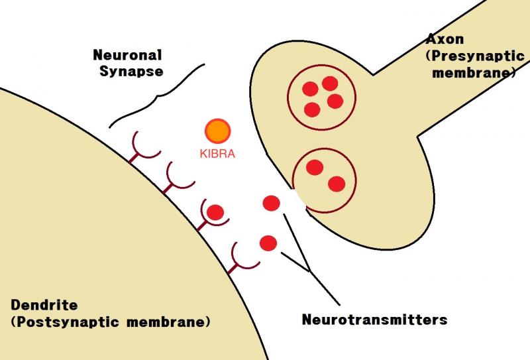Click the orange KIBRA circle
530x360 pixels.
tap(218, 131)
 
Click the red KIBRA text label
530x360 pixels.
tap(217, 154)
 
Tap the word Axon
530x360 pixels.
tap(445, 39)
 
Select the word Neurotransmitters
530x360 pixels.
tap(374, 320)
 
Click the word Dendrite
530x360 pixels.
tap(44, 305)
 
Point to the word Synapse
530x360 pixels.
tap(131, 72)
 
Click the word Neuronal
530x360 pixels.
tap(127, 55)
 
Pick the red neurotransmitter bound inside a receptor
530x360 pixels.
tap(215, 212)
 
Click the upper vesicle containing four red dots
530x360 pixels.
tap(321, 97)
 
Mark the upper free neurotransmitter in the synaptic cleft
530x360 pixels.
tap(272, 204)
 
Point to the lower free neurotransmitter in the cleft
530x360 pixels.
tap(268, 243)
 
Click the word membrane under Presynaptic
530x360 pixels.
tap(471, 72)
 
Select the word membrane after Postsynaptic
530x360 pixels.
tap(166, 322)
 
